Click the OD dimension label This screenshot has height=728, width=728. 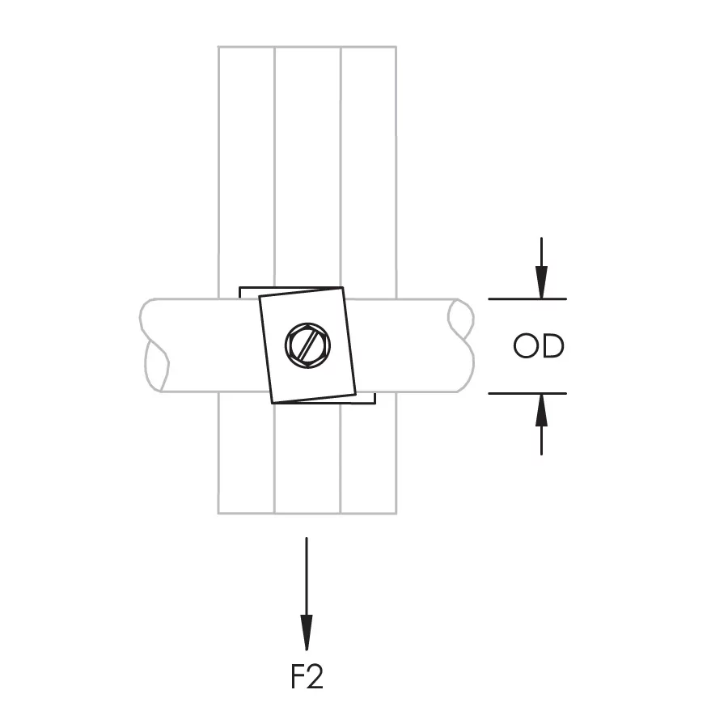point(539,346)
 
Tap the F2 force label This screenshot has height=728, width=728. point(307,677)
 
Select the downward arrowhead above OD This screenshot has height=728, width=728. point(541,284)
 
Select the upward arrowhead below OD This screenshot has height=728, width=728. point(541,408)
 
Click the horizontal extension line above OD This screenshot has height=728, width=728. point(527,299)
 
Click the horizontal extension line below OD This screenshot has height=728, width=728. point(527,393)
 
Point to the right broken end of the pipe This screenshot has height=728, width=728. point(463,346)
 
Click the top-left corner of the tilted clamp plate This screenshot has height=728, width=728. point(259,297)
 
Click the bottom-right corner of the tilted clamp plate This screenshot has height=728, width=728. point(355,395)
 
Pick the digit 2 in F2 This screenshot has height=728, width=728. point(315,677)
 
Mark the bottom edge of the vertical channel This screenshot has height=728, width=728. point(307,513)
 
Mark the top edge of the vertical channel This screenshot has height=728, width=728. point(307,47)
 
